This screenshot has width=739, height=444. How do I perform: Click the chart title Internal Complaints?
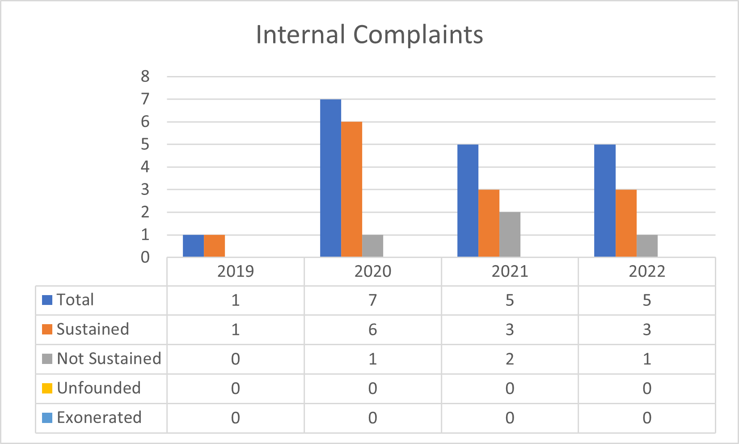(369, 34)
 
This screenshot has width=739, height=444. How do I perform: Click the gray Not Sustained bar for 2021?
(510, 234)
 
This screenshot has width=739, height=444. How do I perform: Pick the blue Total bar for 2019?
(193, 245)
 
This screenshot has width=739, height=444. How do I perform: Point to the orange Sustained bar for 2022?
(626, 223)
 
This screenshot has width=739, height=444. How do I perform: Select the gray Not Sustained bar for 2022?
(647, 245)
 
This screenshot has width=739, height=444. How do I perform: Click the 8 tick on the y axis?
(145, 76)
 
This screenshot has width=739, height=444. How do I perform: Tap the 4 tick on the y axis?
(145, 167)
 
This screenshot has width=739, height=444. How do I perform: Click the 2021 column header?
(510, 271)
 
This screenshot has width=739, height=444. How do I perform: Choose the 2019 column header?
(235, 271)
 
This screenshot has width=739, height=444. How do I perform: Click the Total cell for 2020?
(372, 300)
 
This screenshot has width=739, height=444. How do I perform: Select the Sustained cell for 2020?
(372, 330)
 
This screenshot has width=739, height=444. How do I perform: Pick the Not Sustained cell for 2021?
(510, 359)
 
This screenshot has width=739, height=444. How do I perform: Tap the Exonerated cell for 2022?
(647, 418)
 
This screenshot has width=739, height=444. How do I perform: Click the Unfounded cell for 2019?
(235, 389)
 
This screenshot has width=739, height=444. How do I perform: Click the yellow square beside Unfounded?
(47, 388)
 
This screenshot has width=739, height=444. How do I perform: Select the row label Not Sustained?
(109, 359)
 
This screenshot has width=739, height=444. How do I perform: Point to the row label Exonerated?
(99, 418)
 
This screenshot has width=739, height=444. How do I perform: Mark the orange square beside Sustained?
(47, 329)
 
